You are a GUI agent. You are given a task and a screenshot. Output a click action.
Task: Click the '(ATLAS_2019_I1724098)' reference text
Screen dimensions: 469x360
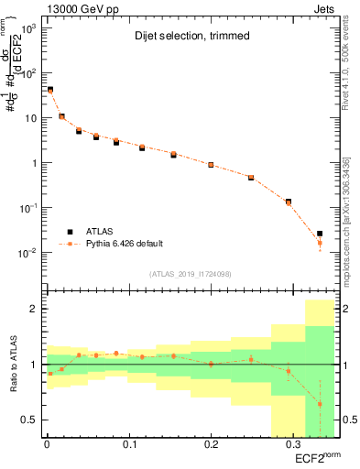point(191,273)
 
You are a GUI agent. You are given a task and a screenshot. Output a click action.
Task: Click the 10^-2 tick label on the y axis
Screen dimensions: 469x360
point(27,252)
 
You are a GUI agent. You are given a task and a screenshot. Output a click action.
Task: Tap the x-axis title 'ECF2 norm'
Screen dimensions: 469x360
point(317,458)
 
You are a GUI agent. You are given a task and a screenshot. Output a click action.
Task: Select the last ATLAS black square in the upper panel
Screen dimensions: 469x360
point(320,234)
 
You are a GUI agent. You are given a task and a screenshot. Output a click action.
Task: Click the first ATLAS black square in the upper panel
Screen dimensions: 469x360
point(49,90)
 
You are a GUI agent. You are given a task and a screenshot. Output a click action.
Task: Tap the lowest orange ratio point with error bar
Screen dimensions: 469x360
point(320,404)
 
